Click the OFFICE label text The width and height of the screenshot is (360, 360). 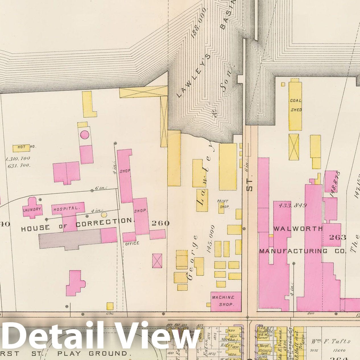[x=132, y=243]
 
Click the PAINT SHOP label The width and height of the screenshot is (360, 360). [x=223, y=204]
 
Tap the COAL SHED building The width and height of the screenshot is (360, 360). [x=296, y=105]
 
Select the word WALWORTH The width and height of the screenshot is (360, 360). [x=298, y=229]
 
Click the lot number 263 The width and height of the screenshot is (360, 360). [x=338, y=237]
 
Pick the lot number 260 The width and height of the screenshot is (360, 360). [x=160, y=223]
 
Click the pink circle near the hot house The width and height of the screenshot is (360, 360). [x=84, y=135]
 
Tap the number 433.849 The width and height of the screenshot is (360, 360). [x=292, y=205]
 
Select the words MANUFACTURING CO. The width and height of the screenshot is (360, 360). [x=302, y=251]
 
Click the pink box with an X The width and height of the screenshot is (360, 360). [x=157, y=261]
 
